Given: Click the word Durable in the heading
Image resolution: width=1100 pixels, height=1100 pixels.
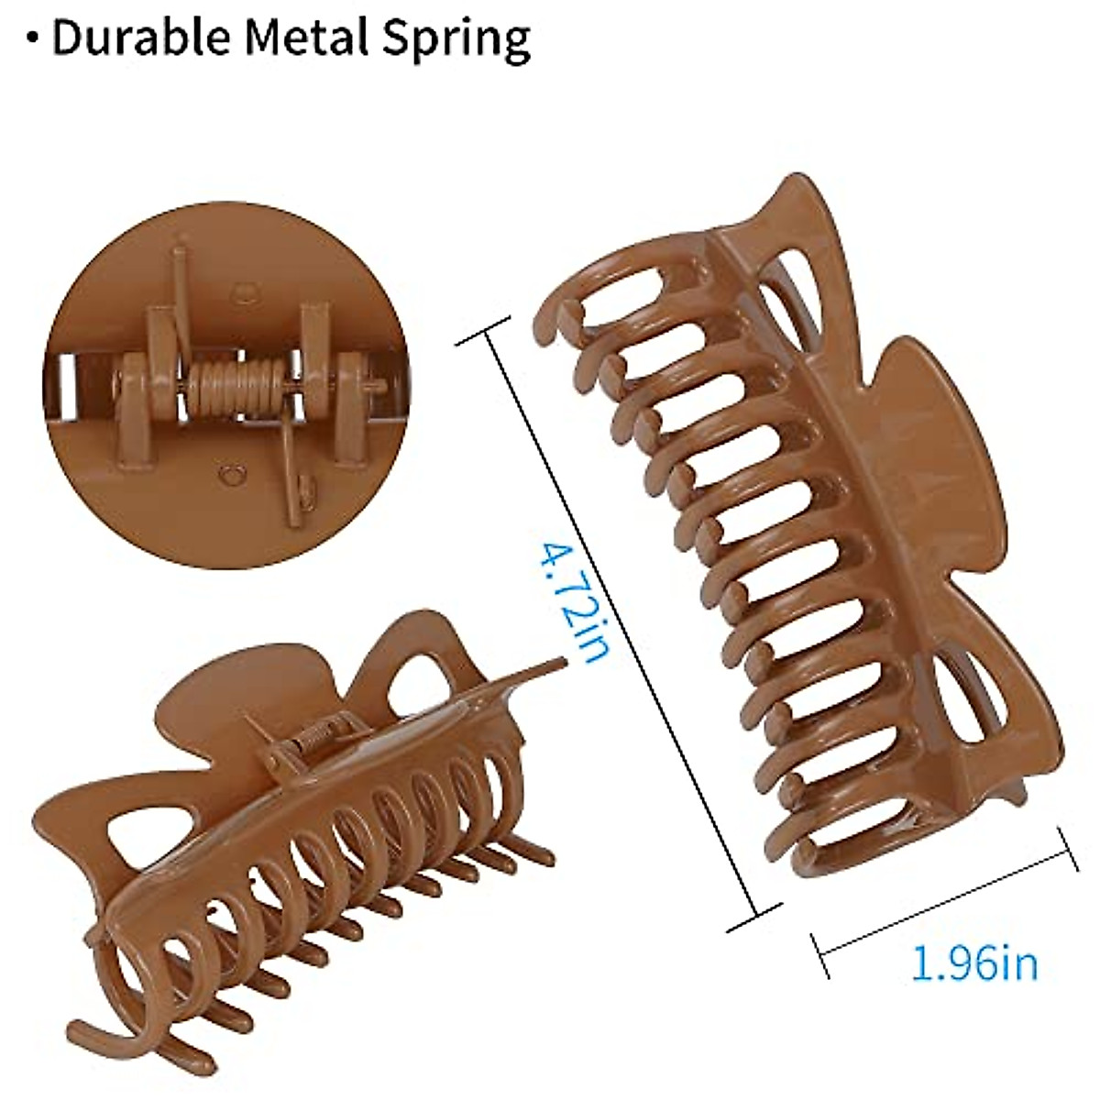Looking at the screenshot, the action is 143,38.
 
